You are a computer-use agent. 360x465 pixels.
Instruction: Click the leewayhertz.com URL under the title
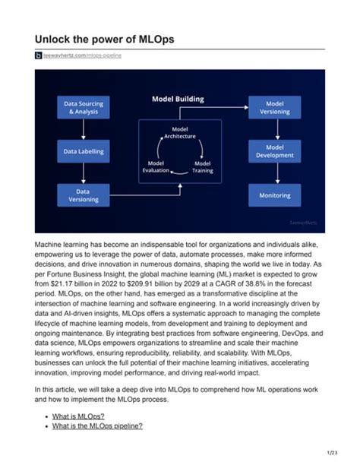(84, 56)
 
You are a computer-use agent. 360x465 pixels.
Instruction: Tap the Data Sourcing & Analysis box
(84, 107)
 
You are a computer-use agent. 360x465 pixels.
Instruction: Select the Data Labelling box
(84, 151)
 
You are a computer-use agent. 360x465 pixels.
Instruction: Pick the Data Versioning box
(84, 195)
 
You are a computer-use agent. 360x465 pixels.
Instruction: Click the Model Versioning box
(274, 107)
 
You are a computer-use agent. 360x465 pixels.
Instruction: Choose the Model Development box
(274, 151)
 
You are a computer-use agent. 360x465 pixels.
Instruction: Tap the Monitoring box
(274, 195)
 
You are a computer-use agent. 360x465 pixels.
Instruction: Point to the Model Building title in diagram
(179, 100)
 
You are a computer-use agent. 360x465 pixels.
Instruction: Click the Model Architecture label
(180, 133)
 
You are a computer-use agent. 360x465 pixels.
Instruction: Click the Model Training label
(202, 166)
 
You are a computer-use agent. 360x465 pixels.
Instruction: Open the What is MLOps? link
(79, 417)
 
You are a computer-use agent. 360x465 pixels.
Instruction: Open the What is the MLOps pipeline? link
(96, 426)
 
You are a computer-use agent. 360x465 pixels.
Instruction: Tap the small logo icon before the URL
(39, 56)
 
